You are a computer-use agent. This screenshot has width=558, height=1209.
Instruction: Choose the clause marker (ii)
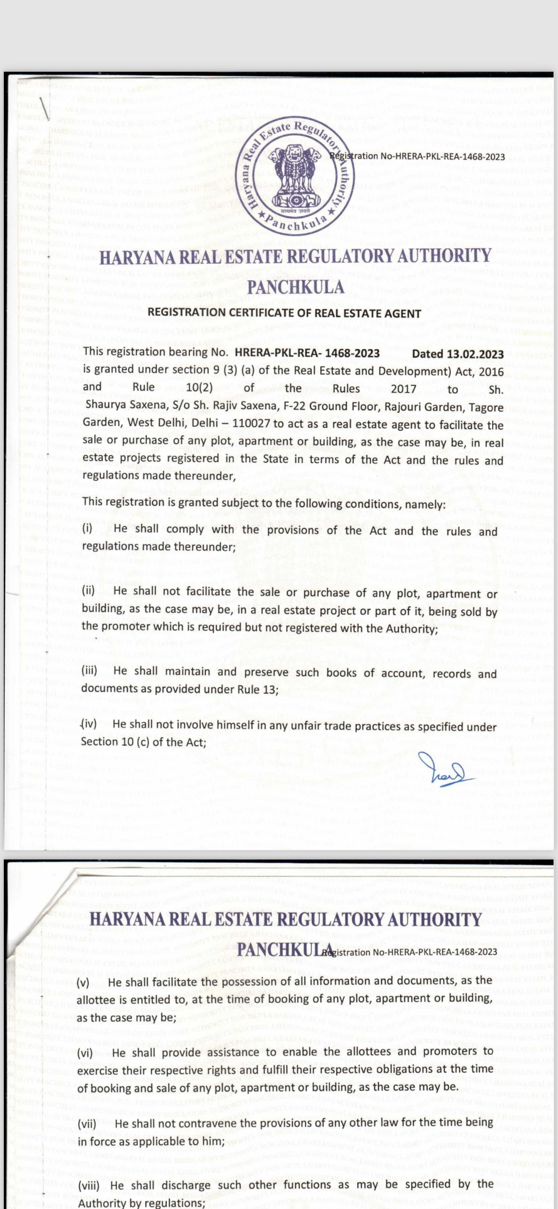[x=88, y=590]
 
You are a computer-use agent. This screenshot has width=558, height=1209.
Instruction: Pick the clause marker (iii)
[x=89, y=670]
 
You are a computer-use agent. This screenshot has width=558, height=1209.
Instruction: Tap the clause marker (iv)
[x=89, y=724]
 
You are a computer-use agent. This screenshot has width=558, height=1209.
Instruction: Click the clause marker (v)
[x=83, y=983]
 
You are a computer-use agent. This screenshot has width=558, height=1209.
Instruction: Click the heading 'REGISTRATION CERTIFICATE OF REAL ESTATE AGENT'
[x=284, y=313]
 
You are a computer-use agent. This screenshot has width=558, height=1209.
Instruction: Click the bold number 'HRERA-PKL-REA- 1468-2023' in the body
[x=307, y=353]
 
